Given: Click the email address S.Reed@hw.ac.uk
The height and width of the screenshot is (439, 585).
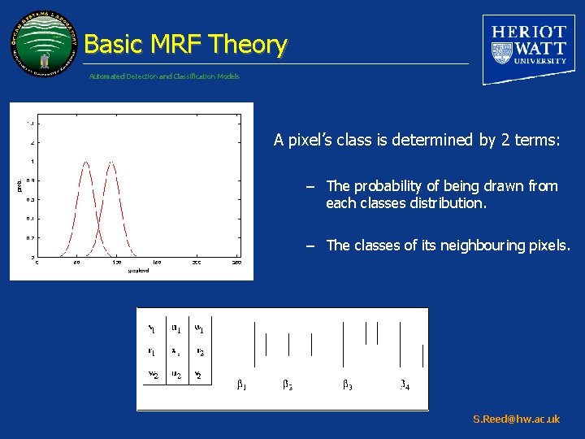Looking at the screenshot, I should click(x=516, y=419).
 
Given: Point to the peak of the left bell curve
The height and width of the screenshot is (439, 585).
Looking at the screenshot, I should click(x=85, y=163).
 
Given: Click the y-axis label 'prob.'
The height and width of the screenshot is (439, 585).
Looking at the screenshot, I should click(x=19, y=186).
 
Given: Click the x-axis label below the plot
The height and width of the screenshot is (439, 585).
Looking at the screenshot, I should click(x=137, y=271).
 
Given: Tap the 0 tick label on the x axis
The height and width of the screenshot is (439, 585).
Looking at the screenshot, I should click(x=36, y=263).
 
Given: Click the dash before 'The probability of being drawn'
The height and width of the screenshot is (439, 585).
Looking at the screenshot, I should click(x=310, y=186).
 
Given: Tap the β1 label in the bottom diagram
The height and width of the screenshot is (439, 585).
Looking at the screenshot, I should click(x=241, y=384).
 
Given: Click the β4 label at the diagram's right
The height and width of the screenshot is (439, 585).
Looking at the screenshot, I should click(x=404, y=384).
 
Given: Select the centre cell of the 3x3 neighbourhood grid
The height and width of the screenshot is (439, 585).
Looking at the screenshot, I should click(x=175, y=351).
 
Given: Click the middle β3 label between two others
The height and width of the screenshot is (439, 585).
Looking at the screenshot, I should click(x=288, y=384).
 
